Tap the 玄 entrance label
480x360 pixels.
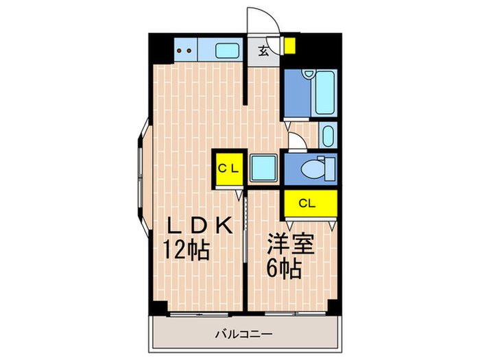pos(263,49)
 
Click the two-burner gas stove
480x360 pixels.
pos(184,49)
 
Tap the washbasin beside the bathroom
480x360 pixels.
pos(328,134)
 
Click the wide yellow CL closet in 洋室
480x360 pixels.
pos(309,203)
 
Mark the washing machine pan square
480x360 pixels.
pos(262,168)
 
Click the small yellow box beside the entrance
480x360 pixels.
pos(290,46)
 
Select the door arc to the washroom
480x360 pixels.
pos(298,143)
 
